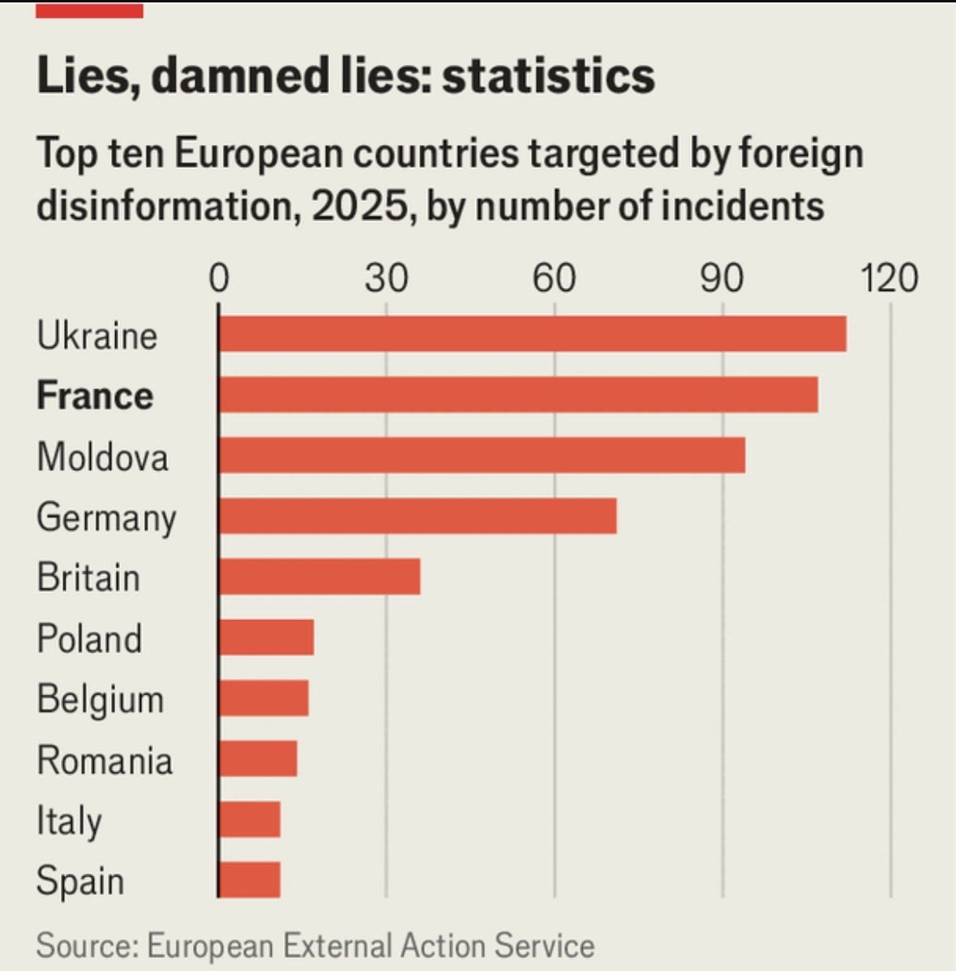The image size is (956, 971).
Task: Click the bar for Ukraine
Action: [532, 334]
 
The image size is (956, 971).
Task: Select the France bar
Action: [518, 395]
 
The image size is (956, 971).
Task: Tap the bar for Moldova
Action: [482, 456]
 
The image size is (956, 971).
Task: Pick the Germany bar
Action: [418, 516]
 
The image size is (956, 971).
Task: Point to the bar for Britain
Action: [319, 577]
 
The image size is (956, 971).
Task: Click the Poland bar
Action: [266, 638]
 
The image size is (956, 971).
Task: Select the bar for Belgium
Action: [264, 699]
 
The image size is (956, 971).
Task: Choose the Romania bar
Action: [258, 759]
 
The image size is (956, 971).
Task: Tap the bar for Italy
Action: [250, 819]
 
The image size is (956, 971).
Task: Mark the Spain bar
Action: [250, 880]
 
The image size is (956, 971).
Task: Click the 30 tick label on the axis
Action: [386, 279]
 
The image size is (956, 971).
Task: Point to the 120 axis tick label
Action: [890, 279]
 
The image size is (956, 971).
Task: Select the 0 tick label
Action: [219, 279]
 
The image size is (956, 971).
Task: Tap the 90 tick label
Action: [722, 279]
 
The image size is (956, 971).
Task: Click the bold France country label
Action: [95, 396]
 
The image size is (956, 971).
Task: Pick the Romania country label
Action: [105, 760]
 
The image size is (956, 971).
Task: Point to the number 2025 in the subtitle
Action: [358, 206]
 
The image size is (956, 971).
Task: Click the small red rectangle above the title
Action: [89, 11]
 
